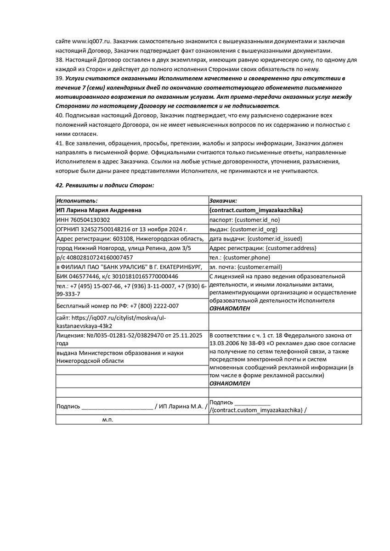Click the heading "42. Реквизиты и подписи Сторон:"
click(105, 185)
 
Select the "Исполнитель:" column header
click(77, 201)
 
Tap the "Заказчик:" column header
click(223, 201)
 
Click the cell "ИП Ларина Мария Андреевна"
click(99, 210)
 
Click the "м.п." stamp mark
click(107, 420)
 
